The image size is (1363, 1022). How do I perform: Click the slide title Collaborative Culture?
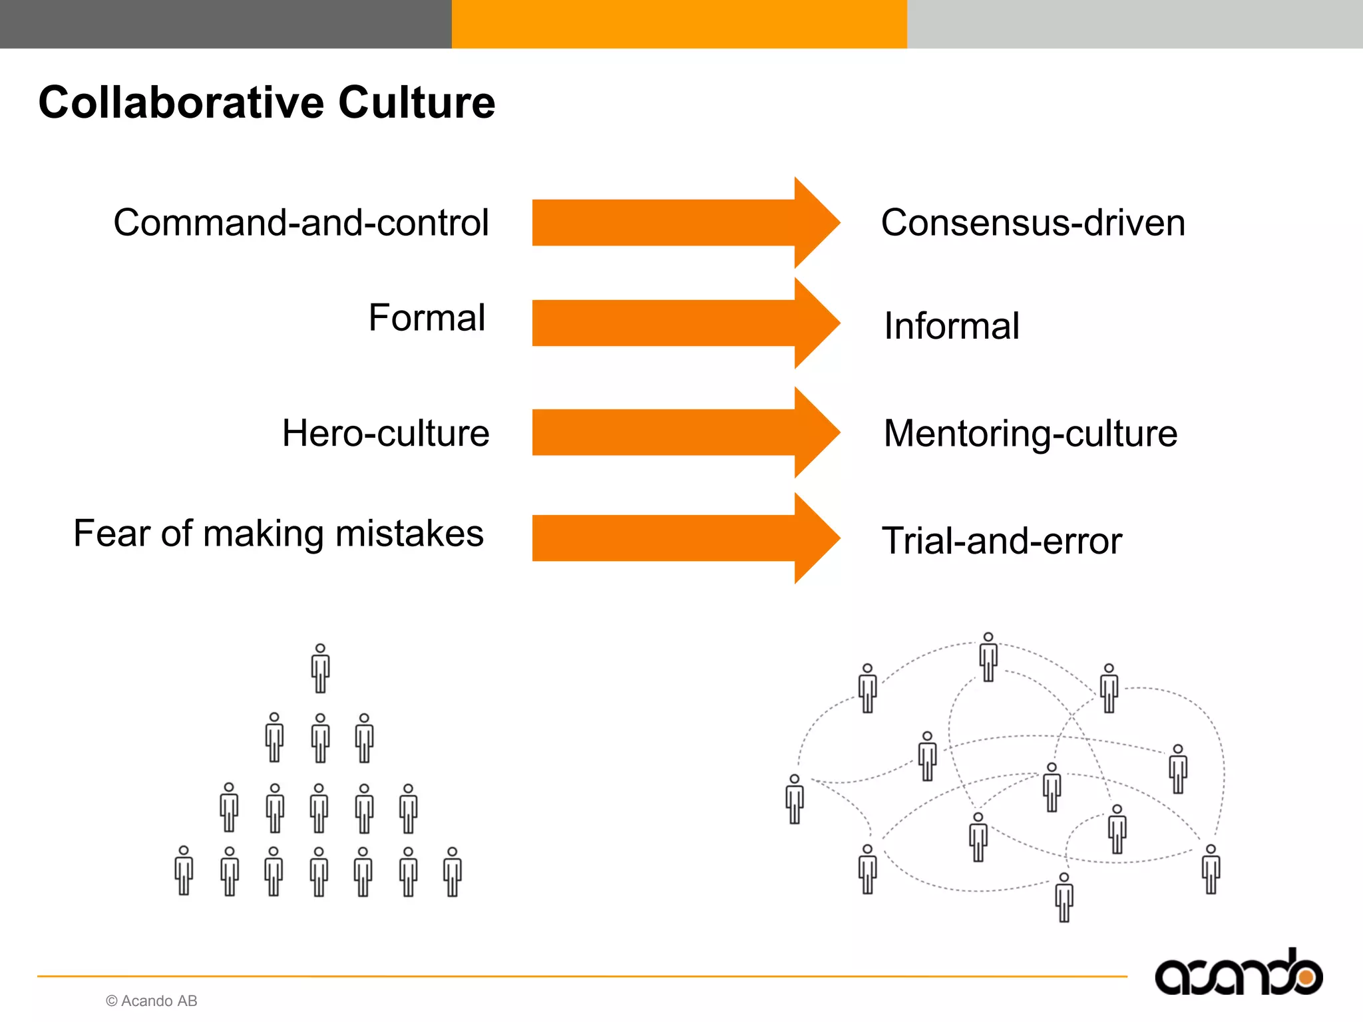[x=266, y=102]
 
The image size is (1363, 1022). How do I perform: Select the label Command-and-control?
[x=301, y=222]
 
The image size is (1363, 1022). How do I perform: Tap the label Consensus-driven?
[x=1033, y=222]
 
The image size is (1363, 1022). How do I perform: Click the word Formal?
[x=427, y=317]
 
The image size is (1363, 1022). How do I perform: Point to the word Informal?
[x=951, y=326]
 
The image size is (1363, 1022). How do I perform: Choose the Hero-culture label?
[x=385, y=433]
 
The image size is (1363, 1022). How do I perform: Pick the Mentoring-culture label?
[x=1030, y=433]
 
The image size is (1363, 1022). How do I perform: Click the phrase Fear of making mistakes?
[x=278, y=534]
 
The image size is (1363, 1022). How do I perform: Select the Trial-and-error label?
[x=1002, y=540]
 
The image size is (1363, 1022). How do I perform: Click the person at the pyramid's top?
[x=320, y=669]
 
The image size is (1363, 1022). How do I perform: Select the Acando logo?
[x=1238, y=973]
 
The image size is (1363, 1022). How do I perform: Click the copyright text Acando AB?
[x=152, y=1001]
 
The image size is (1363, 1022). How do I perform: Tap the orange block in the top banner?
[x=679, y=24]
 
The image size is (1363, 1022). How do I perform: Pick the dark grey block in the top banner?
[x=226, y=24]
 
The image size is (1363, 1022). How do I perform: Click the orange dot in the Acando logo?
[x=1306, y=977]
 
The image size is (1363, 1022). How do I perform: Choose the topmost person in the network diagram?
[x=988, y=657]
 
